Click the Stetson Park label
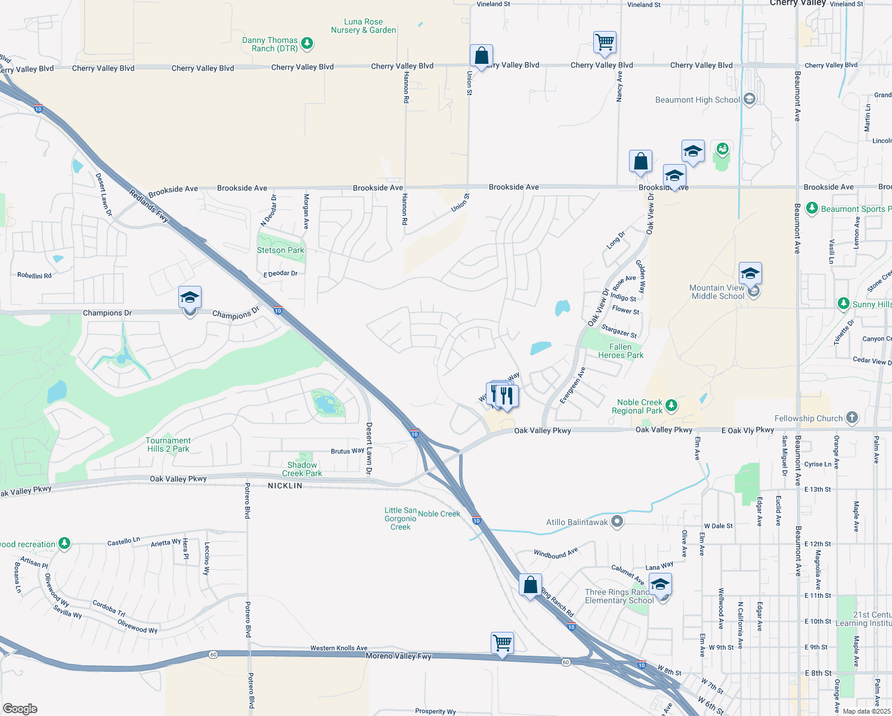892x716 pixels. (280, 251)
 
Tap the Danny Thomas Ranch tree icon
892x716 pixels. (307, 43)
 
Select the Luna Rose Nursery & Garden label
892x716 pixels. (363, 26)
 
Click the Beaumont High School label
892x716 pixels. (697, 100)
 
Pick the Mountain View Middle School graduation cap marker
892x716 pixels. (749, 274)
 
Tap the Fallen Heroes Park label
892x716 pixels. (621, 351)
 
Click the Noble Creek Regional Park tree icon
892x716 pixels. (671, 406)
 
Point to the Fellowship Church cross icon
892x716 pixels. (852, 418)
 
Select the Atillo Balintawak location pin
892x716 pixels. (617, 522)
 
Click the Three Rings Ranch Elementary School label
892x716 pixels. (619, 597)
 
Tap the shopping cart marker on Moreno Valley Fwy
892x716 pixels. (502, 643)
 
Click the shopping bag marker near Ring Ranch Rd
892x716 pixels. (530, 585)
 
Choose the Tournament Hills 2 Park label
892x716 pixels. (168, 445)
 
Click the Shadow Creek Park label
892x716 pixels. (302, 470)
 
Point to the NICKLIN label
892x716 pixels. (285, 486)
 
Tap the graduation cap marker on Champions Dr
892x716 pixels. (190, 298)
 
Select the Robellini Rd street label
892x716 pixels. (34, 276)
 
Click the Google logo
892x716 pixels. (20, 709)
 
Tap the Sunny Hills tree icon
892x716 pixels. (843, 304)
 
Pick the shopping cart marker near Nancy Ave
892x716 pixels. (605, 43)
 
